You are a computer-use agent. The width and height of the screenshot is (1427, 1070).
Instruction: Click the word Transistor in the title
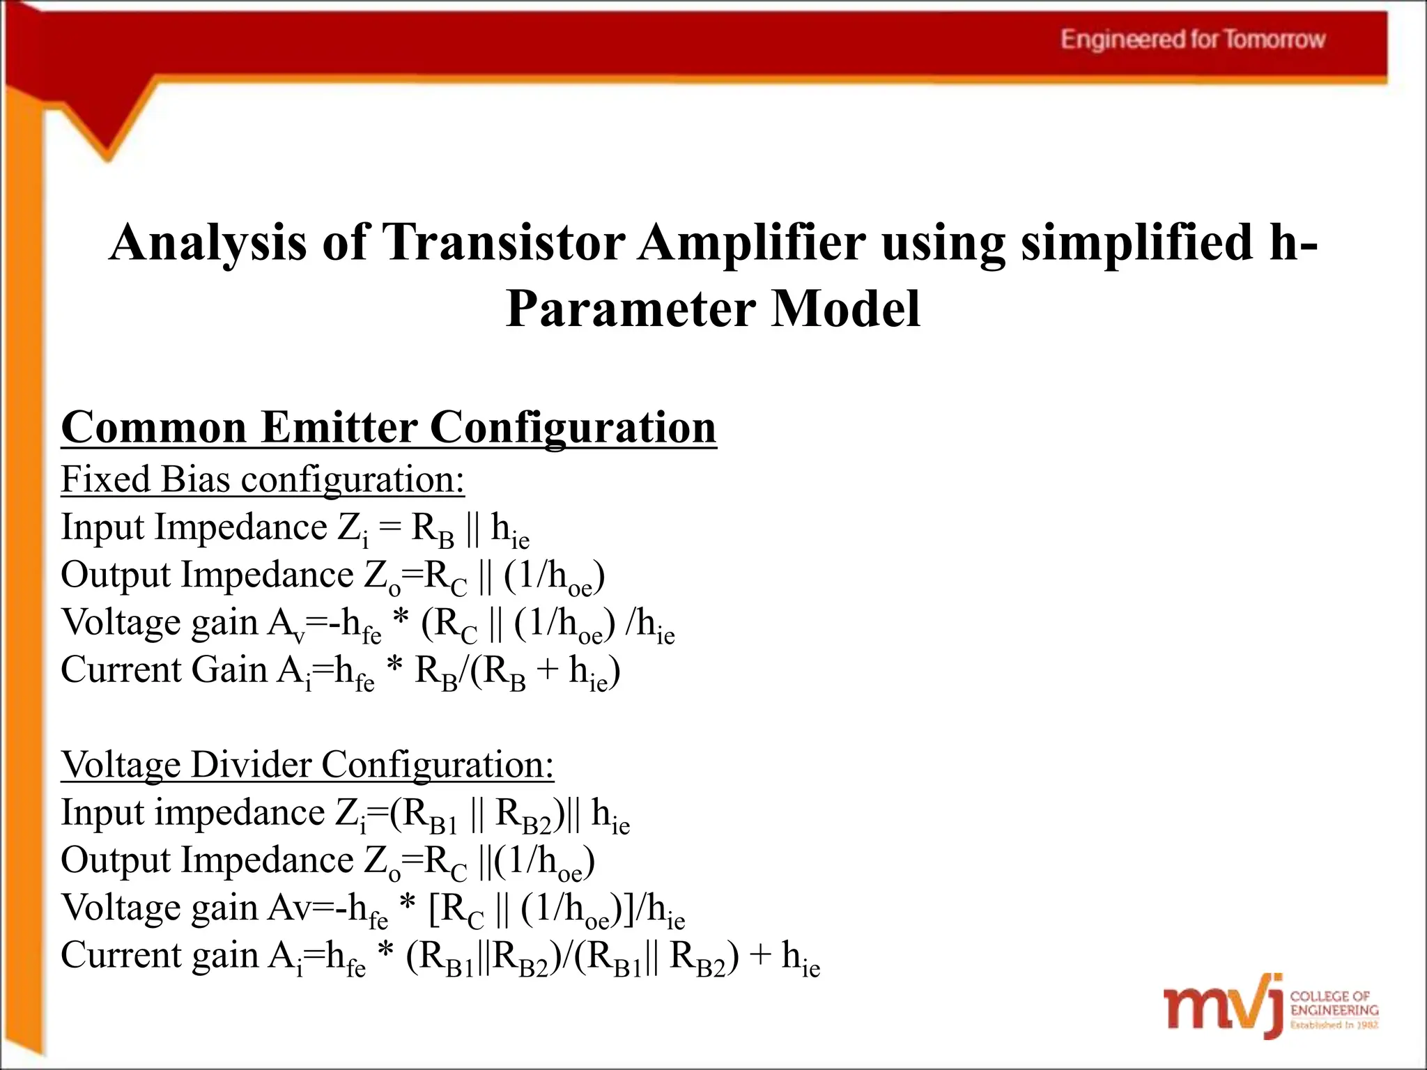tap(503, 242)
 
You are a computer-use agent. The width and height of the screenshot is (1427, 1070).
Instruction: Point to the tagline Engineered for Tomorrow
tap(1192, 40)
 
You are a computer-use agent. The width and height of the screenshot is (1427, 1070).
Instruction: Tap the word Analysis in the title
tap(208, 242)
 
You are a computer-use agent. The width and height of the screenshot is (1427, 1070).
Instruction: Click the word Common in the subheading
tap(154, 426)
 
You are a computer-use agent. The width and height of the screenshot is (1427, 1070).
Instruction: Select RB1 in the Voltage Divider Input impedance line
tap(424, 815)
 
